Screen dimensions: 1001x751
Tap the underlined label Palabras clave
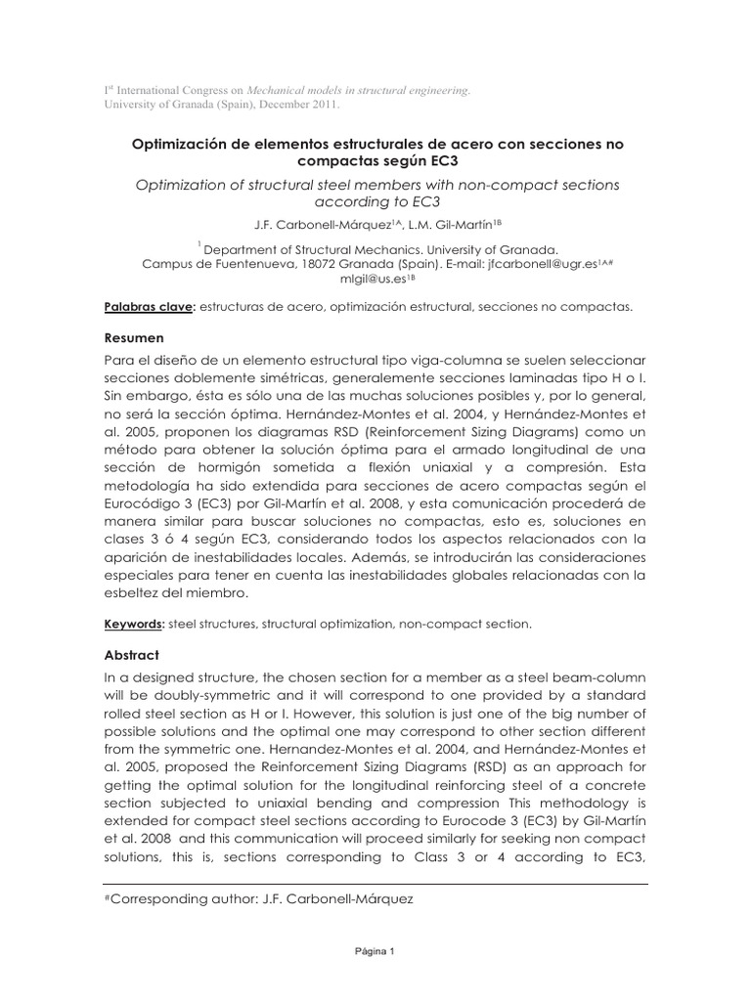point(149,306)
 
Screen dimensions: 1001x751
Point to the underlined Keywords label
point(134,623)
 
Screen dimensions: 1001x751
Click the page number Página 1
point(375,951)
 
